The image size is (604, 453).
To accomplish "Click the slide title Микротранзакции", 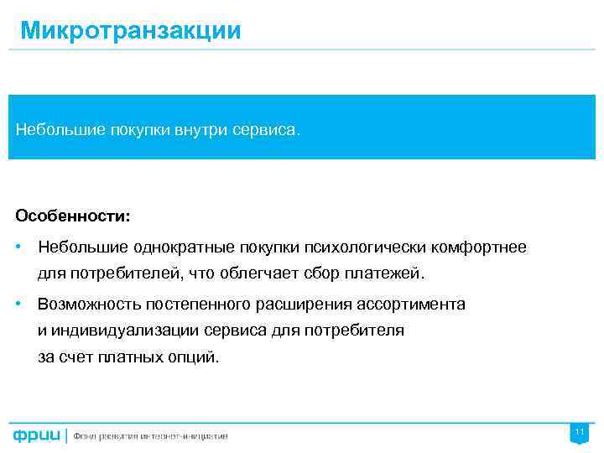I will click(x=130, y=31).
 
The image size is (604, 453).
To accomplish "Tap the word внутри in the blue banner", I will click(x=200, y=131).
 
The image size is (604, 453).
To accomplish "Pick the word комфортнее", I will click(x=479, y=247).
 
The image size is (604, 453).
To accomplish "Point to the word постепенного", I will click(x=194, y=304).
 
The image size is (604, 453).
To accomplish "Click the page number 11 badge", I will click(x=579, y=433).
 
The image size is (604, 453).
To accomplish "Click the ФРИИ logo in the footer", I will click(x=36, y=436).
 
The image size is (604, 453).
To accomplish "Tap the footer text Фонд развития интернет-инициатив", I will click(x=150, y=436).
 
